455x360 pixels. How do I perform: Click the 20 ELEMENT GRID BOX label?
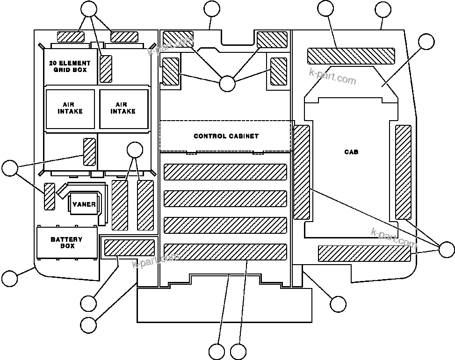click(x=70, y=66)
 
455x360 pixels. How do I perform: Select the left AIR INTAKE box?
click(x=70, y=108)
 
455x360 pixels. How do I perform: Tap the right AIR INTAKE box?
click(x=123, y=108)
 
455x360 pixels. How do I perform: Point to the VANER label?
click(x=84, y=204)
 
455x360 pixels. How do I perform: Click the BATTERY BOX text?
click(x=66, y=242)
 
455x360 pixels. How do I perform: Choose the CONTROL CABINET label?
click(x=226, y=137)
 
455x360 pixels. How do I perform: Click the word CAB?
click(x=351, y=152)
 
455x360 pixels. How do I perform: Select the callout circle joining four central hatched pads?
click(x=227, y=84)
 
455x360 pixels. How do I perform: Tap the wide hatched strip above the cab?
click(x=350, y=56)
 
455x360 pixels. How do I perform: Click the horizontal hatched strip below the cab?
click(x=364, y=253)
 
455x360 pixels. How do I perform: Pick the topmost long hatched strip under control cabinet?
click(x=225, y=172)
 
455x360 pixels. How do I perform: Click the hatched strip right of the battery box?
click(x=129, y=247)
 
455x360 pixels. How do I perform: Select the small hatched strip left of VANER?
click(x=49, y=196)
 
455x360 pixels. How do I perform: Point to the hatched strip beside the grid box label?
click(x=106, y=69)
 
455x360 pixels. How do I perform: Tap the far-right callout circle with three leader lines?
click(x=447, y=249)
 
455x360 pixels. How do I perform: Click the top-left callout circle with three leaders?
click(x=89, y=8)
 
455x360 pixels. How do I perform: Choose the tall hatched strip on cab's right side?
click(x=403, y=172)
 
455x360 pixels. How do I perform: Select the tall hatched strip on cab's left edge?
click(x=302, y=172)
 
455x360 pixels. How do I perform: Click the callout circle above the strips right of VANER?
click(x=135, y=150)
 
